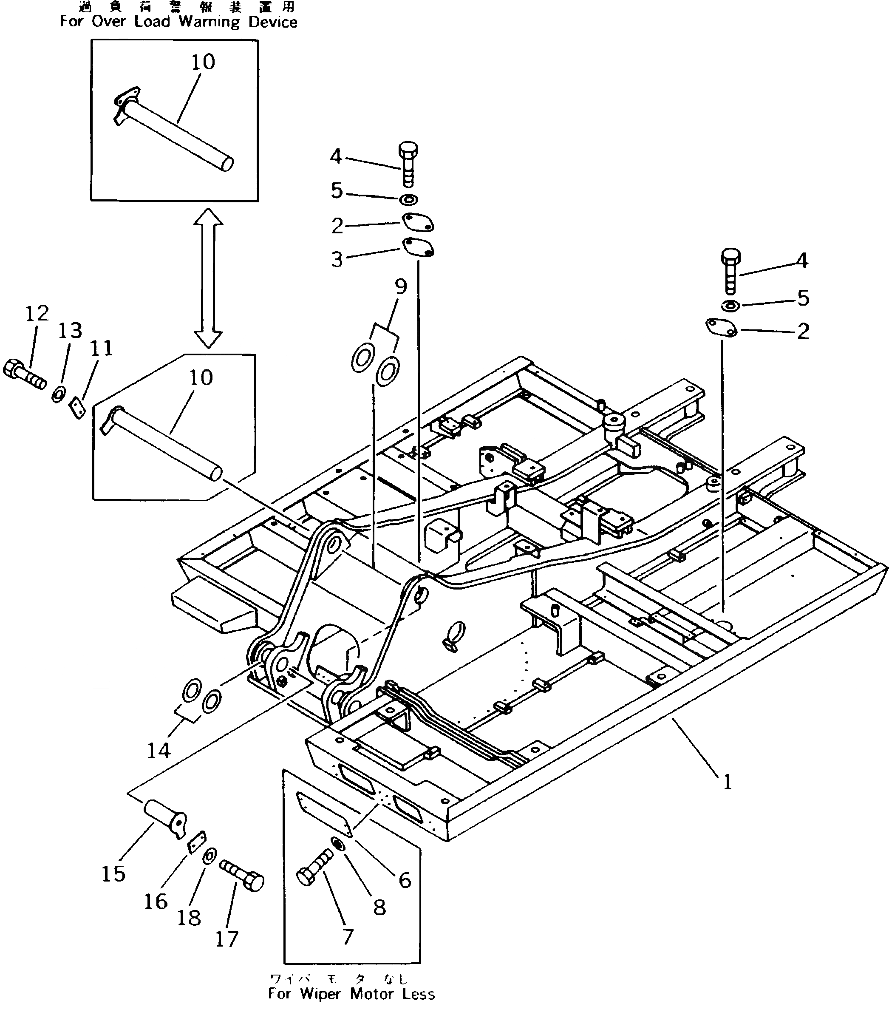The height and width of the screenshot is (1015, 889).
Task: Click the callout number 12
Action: click(x=37, y=314)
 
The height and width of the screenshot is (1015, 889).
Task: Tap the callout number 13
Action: click(x=70, y=330)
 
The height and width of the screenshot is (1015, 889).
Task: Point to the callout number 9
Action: click(x=401, y=287)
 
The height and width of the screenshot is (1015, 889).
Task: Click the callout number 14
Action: click(x=159, y=751)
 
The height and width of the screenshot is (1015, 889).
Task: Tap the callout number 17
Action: click(x=227, y=938)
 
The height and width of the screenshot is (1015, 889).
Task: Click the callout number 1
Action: click(x=727, y=783)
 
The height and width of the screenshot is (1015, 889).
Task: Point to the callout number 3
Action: click(x=337, y=259)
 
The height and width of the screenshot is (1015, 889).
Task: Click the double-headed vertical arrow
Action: click(x=208, y=278)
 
